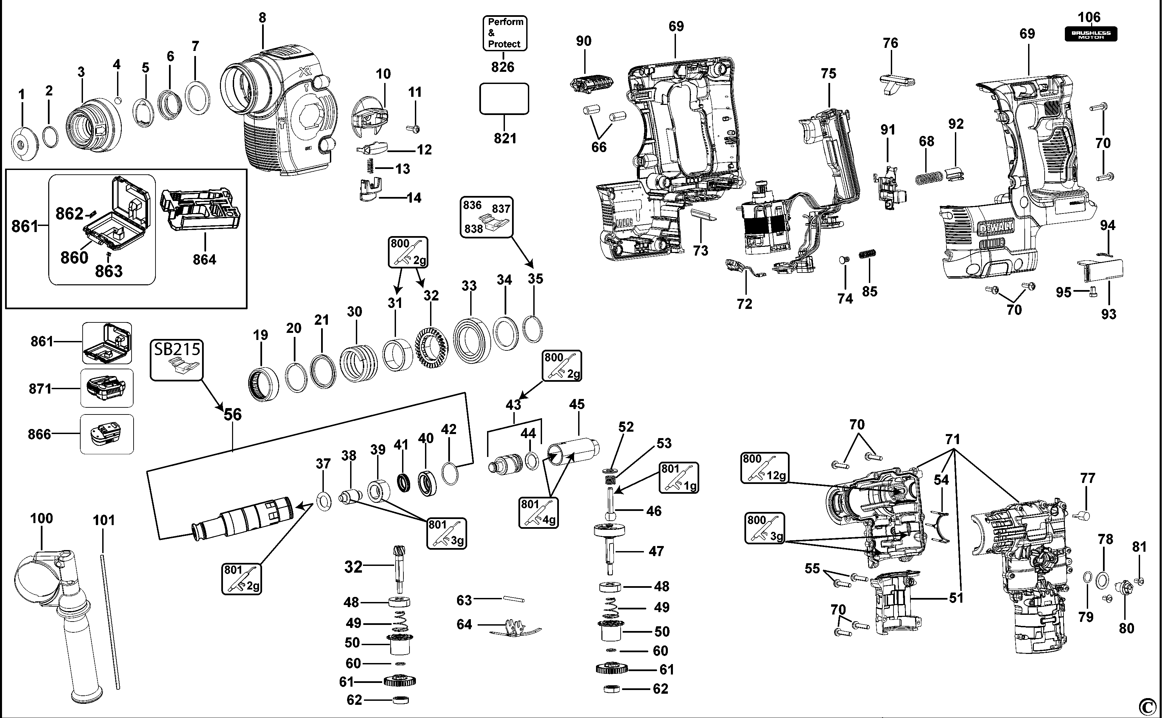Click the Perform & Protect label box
(x=505, y=33)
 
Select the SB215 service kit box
(x=177, y=360)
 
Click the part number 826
(x=503, y=67)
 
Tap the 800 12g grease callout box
(x=765, y=468)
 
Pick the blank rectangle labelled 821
(x=504, y=99)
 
